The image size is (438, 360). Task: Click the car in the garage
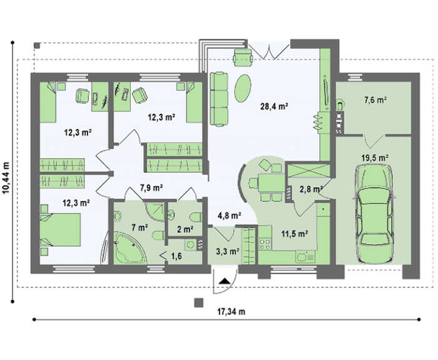pos(374,213)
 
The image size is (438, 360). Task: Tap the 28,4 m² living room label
pos(274,106)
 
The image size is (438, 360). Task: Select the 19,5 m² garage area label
pos(375,158)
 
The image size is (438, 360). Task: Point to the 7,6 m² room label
pos(375,100)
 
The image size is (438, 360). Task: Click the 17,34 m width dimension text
pos(232,311)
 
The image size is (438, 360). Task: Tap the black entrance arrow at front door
pos(225,281)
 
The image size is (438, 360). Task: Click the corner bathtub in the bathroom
pos(130,248)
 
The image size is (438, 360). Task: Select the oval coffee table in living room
pos(243,88)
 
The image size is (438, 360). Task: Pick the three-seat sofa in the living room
pos(219,99)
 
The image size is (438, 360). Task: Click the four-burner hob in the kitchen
pos(265,244)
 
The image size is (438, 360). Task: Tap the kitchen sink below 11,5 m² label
pos(305,256)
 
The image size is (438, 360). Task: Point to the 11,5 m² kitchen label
pos(295,234)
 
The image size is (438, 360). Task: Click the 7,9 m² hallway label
pos(151,188)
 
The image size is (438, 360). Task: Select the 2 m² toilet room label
pos(185,229)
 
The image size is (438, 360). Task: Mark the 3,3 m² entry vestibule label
pos(227,251)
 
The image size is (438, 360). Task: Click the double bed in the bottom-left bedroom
pos(60,230)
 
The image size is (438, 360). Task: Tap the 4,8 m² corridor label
pos(230,215)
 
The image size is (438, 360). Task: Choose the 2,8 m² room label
pos(310,190)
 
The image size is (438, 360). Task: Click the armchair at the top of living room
pos(243,58)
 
